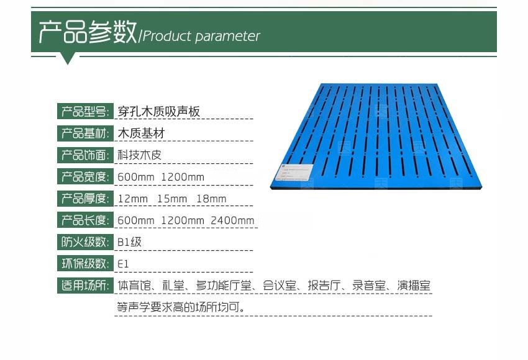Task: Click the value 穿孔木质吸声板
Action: coord(159,112)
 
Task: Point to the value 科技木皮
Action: coord(139,155)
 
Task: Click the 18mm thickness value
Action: coord(211,199)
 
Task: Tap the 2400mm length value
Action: coord(232,220)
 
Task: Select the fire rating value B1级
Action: coord(130,242)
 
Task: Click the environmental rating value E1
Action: coord(123,264)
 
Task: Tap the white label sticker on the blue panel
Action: coord(296,171)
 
